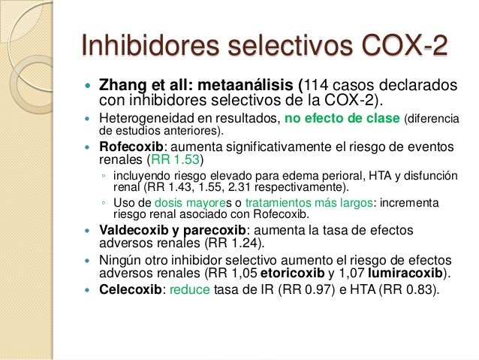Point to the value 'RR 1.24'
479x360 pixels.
[243, 244]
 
